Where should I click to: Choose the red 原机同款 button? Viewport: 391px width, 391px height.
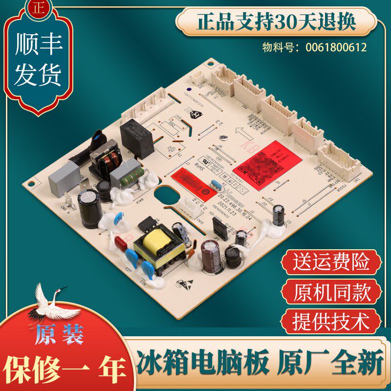[x=331, y=293]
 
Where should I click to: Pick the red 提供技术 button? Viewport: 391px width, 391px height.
[x=331, y=322]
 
